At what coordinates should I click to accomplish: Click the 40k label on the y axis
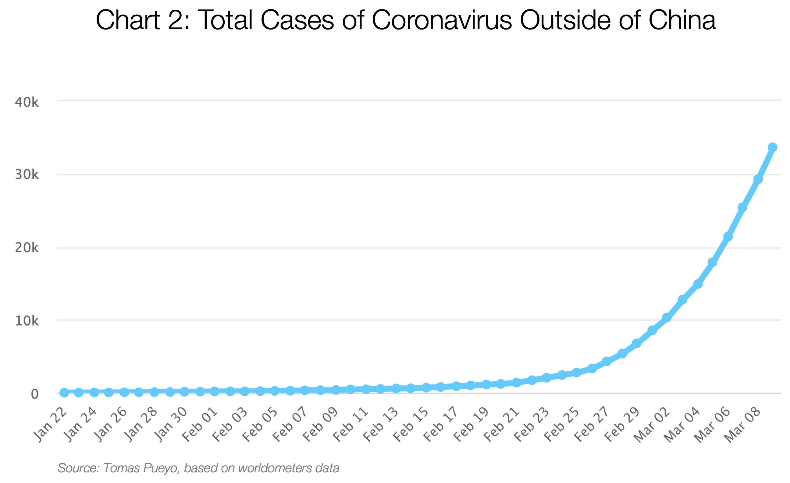(x=27, y=103)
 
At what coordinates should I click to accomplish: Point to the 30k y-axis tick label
(x=27, y=175)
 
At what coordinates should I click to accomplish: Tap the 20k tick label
(x=27, y=248)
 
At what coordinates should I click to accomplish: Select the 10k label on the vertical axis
(x=27, y=321)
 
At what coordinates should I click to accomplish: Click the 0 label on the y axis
(x=34, y=394)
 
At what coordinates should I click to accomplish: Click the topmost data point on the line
(x=772, y=147)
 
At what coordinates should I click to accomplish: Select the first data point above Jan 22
(x=64, y=393)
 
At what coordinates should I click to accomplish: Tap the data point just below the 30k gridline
(x=758, y=179)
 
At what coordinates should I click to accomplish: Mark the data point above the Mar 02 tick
(x=667, y=318)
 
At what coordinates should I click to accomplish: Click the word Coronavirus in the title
(x=442, y=20)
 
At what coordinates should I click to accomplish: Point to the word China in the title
(x=682, y=20)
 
